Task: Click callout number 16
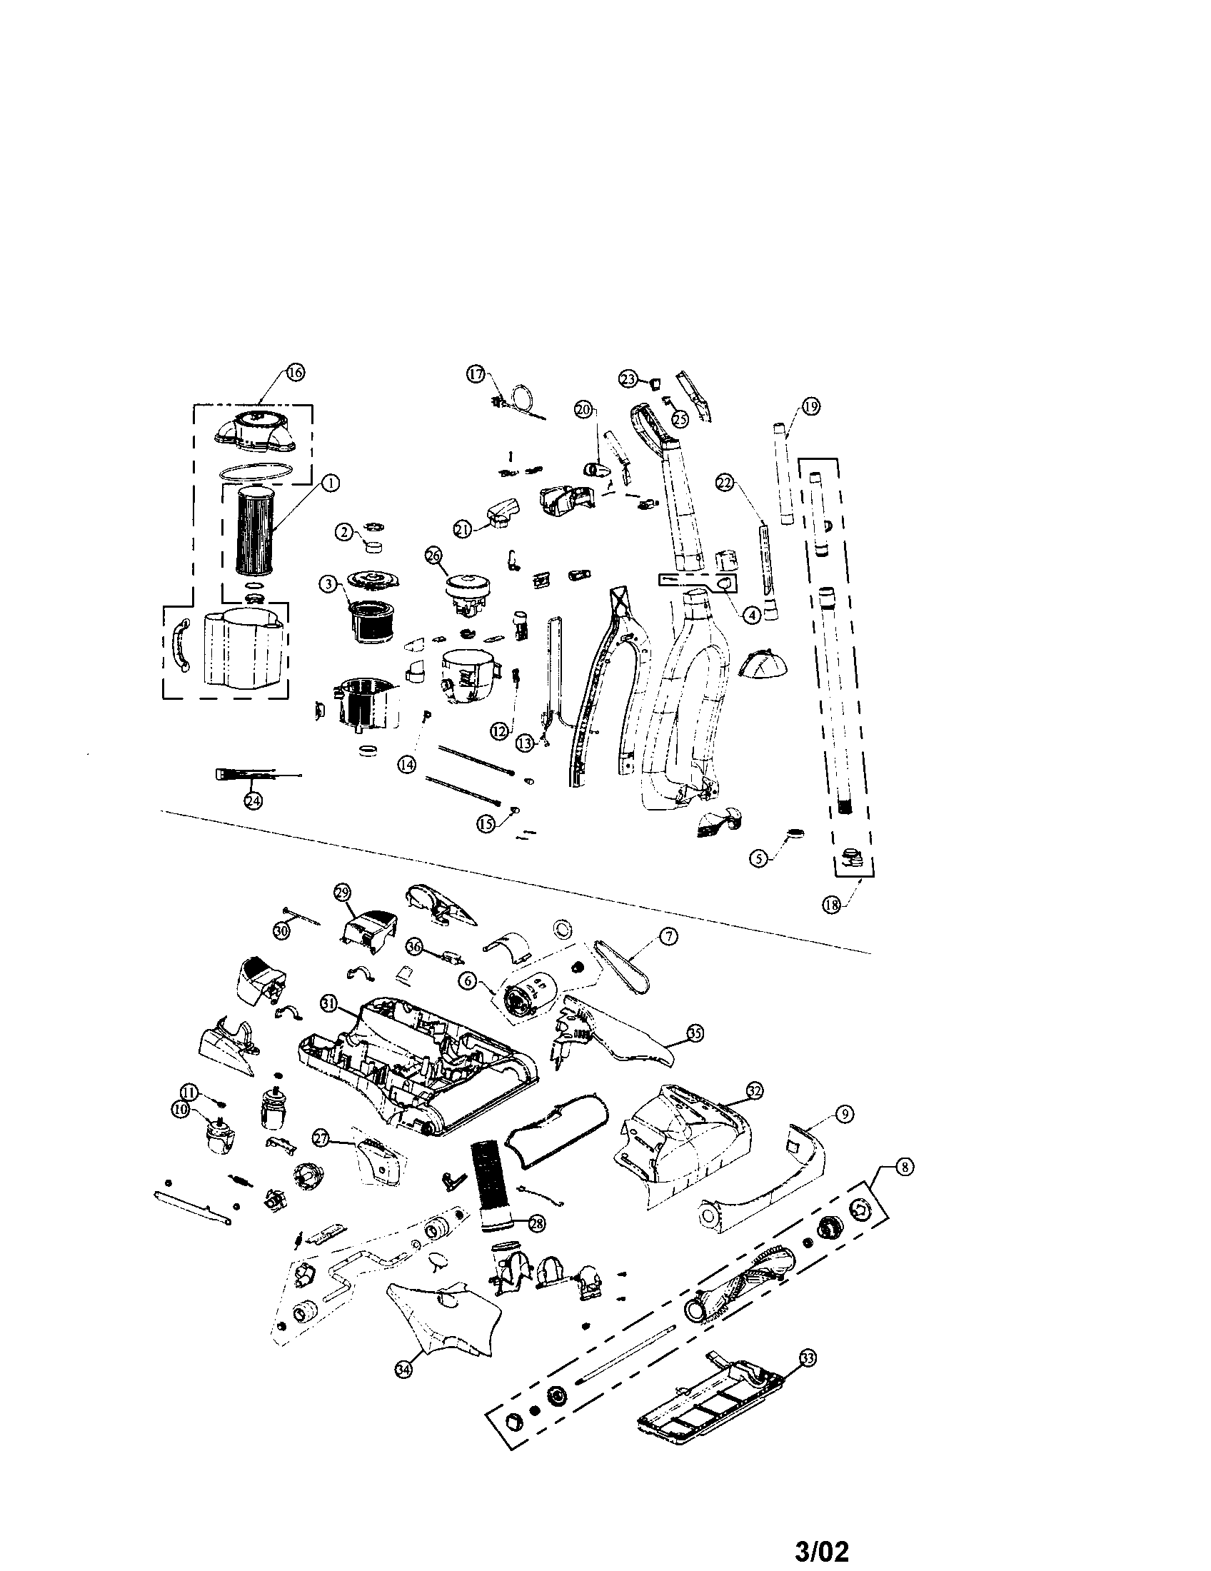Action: pyautogui.click(x=295, y=372)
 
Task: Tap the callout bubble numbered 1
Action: pyautogui.click(x=330, y=484)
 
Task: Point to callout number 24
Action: pyautogui.click(x=253, y=801)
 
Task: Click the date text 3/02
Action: pyautogui.click(x=823, y=1547)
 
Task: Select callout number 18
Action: pyautogui.click(x=831, y=905)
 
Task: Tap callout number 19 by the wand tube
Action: pyautogui.click(x=810, y=407)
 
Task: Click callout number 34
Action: pyautogui.click(x=405, y=1371)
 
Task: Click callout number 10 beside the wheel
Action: pyautogui.click(x=181, y=1130)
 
